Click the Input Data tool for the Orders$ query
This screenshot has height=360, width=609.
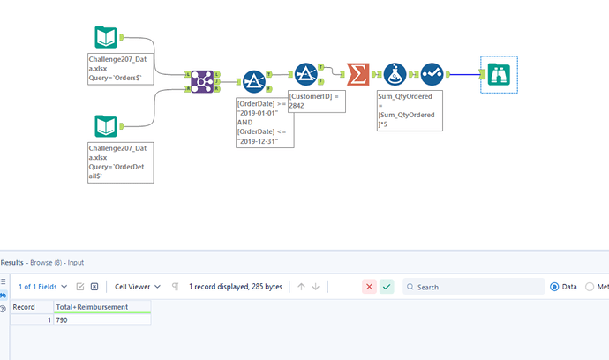click(x=106, y=38)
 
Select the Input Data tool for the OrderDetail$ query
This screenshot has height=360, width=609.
click(x=106, y=126)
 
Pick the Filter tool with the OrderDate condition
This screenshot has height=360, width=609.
click(x=254, y=82)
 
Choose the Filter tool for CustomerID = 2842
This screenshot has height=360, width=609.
click(x=305, y=74)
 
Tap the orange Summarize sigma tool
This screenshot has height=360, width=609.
click(x=357, y=74)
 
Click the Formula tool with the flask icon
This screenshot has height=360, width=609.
click(x=395, y=74)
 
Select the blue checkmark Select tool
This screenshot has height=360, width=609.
click(x=432, y=74)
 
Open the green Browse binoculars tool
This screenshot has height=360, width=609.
click(x=499, y=75)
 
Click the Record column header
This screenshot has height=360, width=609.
click(x=24, y=307)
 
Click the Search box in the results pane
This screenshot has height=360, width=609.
click(x=477, y=287)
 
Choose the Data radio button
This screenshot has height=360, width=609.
click(x=554, y=287)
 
